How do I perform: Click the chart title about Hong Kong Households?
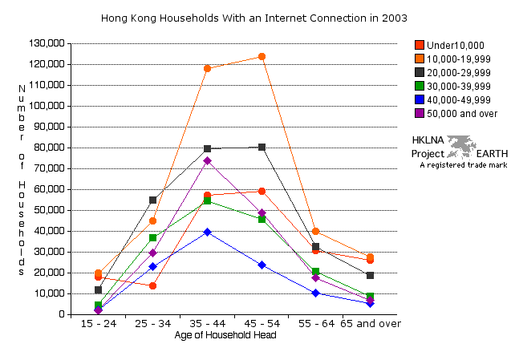254,17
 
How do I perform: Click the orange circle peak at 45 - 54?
262,57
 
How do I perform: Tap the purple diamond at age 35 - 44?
207,160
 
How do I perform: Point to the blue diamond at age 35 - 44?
207,232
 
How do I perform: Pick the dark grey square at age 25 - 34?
152,200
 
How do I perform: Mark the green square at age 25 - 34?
152,238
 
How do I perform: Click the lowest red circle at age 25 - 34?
152,285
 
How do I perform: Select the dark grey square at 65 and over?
370,275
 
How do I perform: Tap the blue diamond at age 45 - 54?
262,265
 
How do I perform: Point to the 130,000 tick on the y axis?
47,43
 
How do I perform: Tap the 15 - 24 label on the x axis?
98,324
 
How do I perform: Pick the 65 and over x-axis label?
370,324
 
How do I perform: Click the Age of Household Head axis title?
225,335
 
